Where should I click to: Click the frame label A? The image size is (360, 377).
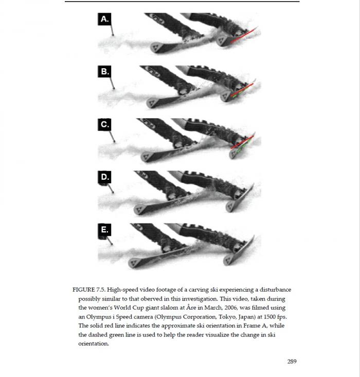[104, 19]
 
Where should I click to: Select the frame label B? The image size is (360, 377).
[104, 71]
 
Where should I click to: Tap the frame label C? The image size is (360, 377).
[104, 124]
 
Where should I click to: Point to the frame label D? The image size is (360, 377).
[104, 177]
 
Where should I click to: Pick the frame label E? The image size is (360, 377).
[104, 230]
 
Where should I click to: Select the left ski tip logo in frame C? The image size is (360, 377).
[146, 158]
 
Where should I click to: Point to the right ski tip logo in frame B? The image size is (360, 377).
[225, 97]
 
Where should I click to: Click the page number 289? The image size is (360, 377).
[292, 362]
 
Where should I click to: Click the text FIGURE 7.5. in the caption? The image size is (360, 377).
[89, 290]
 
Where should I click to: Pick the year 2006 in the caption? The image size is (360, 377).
[231, 308]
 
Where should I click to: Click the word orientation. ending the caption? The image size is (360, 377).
[94, 344]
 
